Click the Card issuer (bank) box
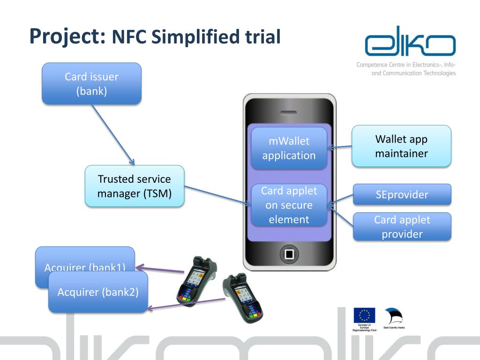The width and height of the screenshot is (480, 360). click(x=91, y=83)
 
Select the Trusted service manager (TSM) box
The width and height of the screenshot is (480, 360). click(x=135, y=186)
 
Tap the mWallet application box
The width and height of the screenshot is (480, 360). click(x=289, y=148)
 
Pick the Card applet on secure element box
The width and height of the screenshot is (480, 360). click(x=289, y=205)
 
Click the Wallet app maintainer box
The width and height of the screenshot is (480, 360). click(x=401, y=146)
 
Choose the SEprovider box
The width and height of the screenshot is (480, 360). click(x=402, y=195)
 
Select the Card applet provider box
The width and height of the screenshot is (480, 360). click(x=402, y=226)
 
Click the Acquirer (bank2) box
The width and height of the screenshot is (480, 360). click(x=97, y=292)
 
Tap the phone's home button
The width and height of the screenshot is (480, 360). click(x=289, y=255)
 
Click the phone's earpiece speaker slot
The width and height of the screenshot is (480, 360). click(x=289, y=112)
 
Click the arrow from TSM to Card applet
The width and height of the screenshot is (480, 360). click(x=216, y=195)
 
